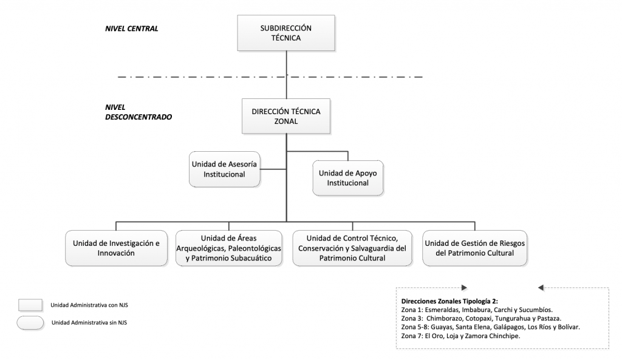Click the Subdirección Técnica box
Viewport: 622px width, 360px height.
pyautogui.click(x=286, y=33)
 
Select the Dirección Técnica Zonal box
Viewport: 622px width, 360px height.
pyautogui.click(x=286, y=116)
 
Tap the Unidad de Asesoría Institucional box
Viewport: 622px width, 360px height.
pyautogui.click(x=225, y=169)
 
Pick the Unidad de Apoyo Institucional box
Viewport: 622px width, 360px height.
pyautogui.click(x=348, y=178)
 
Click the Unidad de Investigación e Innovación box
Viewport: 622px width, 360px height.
pyautogui.click(x=116, y=248)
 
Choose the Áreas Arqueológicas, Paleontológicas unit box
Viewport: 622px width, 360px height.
pyautogui.click(x=229, y=248)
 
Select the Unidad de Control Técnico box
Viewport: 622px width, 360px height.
pyautogui.click(x=352, y=248)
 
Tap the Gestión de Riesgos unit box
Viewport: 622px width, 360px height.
pyautogui.click(x=475, y=248)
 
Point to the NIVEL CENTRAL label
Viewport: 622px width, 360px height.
pyautogui.click(x=132, y=29)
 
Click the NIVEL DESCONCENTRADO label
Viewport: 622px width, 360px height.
pyautogui.click(x=138, y=112)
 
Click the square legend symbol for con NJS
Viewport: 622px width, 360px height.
pyautogui.click(x=30, y=305)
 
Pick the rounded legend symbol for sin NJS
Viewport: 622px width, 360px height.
pyautogui.click(x=30, y=323)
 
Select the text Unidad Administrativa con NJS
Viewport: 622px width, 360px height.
pyautogui.click(x=89, y=305)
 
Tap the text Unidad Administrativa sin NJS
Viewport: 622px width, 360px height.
pyautogui.click(x=89, y=323)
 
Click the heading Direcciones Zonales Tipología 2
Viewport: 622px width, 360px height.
pyautogui.click(x=449, y=301)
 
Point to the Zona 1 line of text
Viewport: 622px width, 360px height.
pyautogui.click(x=477, y=310)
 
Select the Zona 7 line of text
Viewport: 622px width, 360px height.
pyautogui.click(x=460, y=336)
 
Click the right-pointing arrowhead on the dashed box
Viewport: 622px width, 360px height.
pyautogui.click(x=465, y=288)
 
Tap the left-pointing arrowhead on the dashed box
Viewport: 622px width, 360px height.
pyautogui.click(x=541, y=288)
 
